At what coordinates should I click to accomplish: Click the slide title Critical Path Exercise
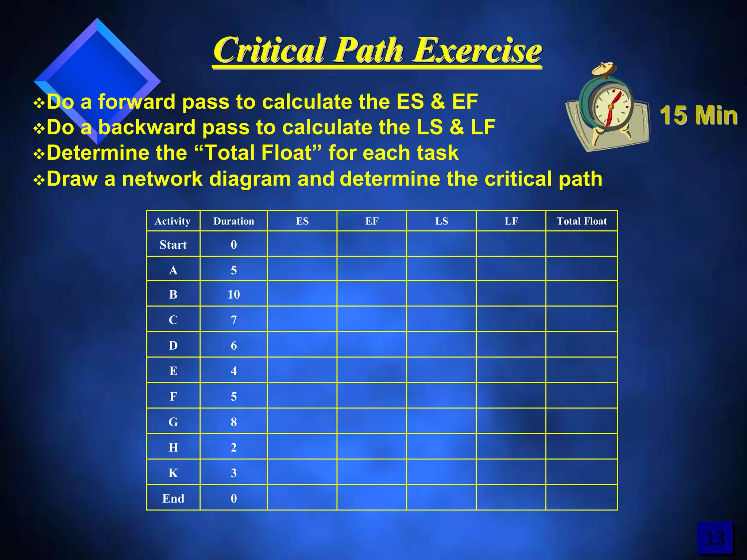pos(378,50)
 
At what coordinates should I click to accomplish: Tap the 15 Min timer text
pos(698,115)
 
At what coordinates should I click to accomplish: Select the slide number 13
pos(715,538)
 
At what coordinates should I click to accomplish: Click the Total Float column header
pos(582,221)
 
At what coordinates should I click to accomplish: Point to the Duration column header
pos(234,221)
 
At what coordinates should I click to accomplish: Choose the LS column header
pos(441,221)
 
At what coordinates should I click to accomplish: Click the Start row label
pos(173,245)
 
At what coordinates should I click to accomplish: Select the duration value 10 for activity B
pos(234,294)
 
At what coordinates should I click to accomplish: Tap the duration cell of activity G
pos(234,422)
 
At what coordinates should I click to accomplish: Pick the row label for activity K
pos(173,473)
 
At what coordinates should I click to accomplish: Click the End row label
pos(173,498)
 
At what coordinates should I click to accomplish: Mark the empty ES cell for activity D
pos(302,345)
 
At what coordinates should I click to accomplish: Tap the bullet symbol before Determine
pos(38,154)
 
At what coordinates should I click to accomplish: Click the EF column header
pos(372,221)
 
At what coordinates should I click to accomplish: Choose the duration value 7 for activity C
pos(234,320)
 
